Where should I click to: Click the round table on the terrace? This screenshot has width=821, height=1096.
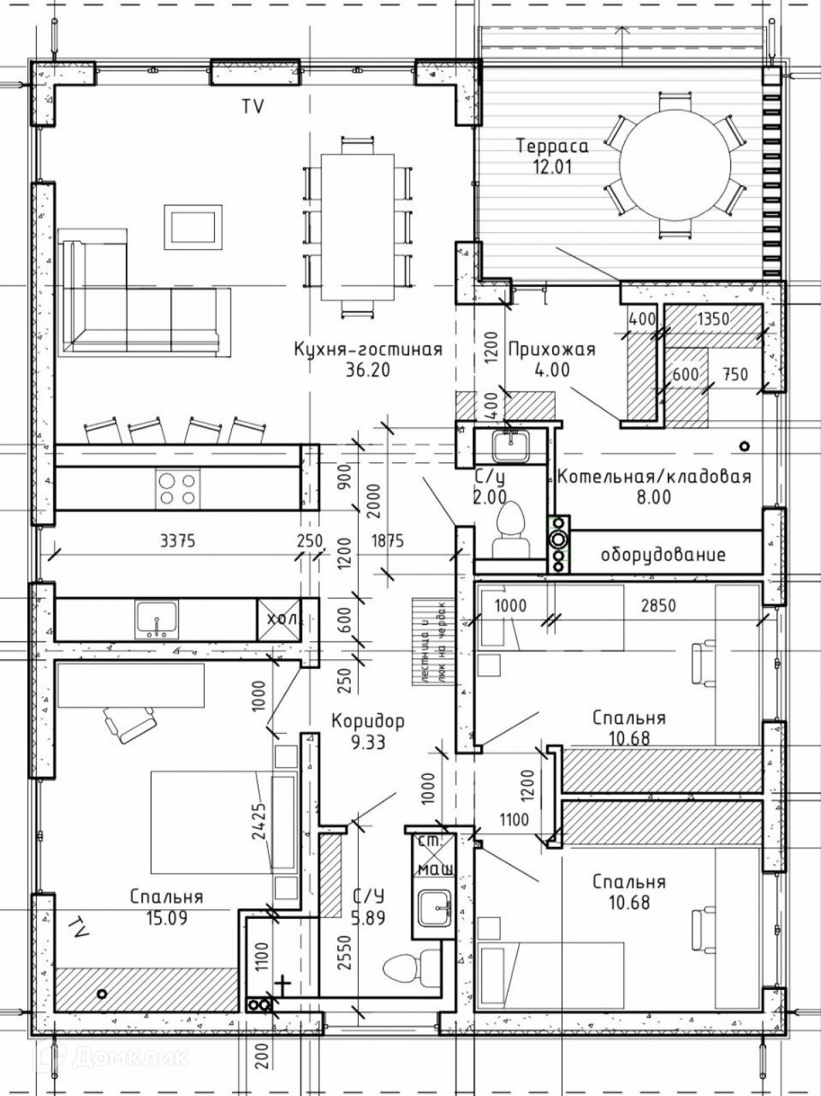click(673, 166)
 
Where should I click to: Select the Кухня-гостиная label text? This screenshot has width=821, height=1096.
click(368, 349)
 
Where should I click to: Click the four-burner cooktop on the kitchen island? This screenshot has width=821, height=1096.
click(178, 488)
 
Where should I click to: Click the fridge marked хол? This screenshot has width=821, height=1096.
click(278, 619)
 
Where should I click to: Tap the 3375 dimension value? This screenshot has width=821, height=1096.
click(177, 541)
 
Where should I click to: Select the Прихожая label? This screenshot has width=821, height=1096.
click(551, 349)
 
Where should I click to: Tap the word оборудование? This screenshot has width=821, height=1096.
click(662, 554)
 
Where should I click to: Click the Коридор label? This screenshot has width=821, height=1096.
click(367, 721)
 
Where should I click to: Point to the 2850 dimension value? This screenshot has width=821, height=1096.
click(657, 605)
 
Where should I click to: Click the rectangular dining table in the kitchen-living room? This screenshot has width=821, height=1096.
click(358, 227)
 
